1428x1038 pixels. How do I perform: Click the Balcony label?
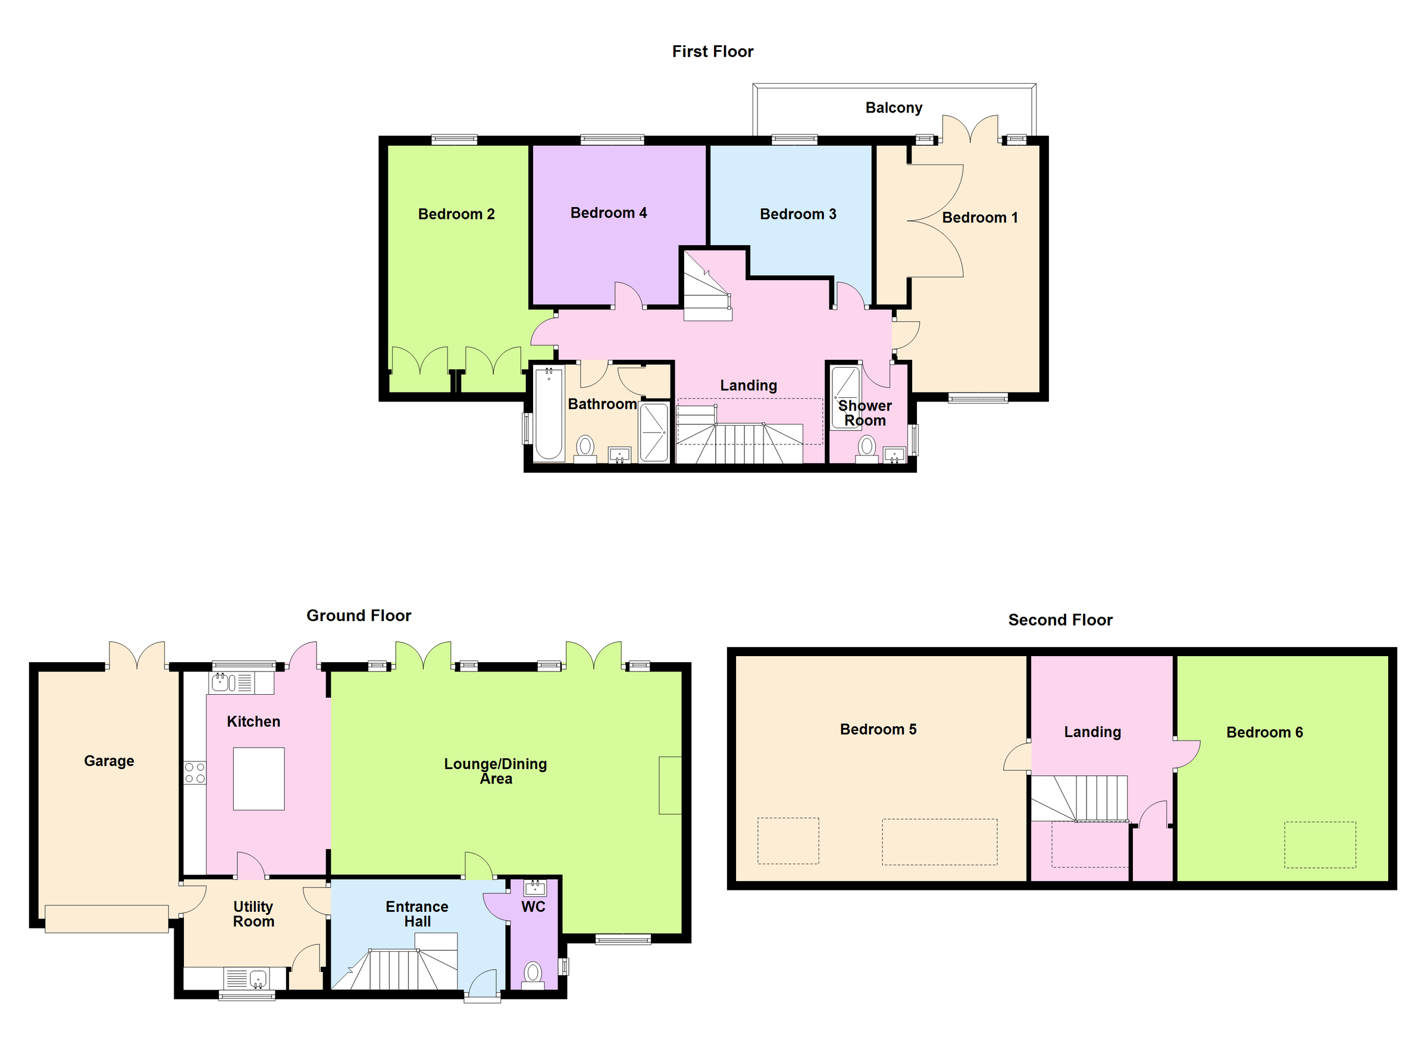pos(894,108)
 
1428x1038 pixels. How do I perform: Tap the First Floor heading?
pos(712,52)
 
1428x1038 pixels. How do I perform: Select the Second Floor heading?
pos(1060,620)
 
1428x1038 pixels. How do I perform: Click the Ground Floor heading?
pos(358,616)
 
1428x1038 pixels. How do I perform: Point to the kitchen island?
pos(259,779)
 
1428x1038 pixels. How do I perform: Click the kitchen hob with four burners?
pos(195,773)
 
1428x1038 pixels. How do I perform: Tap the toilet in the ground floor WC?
pos(533,973)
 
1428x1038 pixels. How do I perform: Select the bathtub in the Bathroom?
pos(549,414)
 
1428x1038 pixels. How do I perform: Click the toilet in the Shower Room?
pos(867,447)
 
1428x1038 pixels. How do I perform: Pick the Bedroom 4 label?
pos(608,213)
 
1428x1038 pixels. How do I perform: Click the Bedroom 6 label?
pos(1264,732)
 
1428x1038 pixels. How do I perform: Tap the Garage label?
pos(109,761)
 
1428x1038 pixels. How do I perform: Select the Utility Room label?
pos(253,914)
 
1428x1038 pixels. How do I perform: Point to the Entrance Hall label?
pos(417,914)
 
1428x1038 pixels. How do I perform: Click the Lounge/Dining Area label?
pos(496,771)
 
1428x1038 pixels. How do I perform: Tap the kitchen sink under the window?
pos(220,682)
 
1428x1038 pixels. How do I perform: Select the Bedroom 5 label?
pos(878,729)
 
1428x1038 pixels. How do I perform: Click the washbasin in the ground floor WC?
pos(535,888)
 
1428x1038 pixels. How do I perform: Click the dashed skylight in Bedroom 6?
pos(1320,845)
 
